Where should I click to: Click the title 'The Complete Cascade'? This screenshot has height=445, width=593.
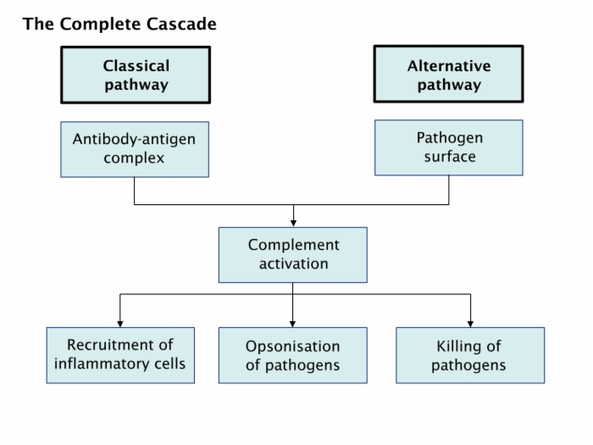pos(119,24)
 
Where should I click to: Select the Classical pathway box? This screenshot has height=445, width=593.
pos(136,75)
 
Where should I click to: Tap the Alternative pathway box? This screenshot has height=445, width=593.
pos(448,74)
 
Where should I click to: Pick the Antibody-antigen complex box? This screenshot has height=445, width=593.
pos(135,149)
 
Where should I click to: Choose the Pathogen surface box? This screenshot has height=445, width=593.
pos(449,147)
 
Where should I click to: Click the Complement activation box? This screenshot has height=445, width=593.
pos(293,254)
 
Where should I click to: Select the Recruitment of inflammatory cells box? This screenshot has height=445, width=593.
pos(120,355)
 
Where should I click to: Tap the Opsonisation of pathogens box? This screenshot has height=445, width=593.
pos(293,355)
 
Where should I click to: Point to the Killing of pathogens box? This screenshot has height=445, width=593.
pos(470,355)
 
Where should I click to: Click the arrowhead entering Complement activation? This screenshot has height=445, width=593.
pos(293,224)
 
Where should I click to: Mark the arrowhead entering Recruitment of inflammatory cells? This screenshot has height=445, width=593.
pos(120,324)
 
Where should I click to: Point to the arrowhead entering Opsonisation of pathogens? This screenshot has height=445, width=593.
pos(292,324)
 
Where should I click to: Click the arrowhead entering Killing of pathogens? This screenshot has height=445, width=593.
pos(470,324)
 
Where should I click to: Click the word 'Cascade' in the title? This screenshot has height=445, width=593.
pos(181,24)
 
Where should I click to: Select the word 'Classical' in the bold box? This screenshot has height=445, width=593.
pos(136,66)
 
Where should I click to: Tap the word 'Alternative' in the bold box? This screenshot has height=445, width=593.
pos(449,66)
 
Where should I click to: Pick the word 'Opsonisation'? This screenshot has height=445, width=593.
pos(293,347)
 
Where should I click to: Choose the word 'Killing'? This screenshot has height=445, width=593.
pos(457,347)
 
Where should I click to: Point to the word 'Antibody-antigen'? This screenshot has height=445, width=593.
pos(134,140)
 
